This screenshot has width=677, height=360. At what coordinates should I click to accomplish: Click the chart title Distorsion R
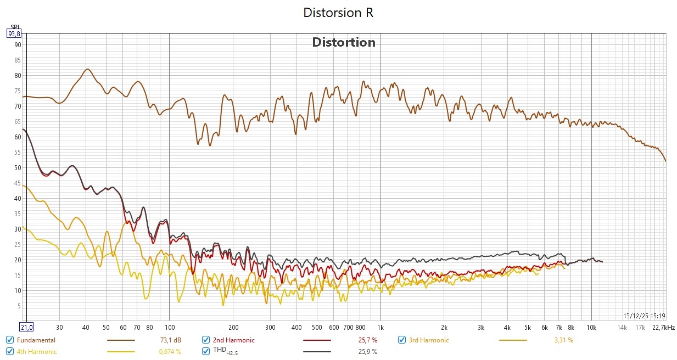pos(338,13)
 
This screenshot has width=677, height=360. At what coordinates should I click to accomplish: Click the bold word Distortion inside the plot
pos(344,42)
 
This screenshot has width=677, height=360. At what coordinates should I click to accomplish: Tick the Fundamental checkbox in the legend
pos(10,340)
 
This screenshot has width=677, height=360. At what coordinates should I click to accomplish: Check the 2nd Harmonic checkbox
pos(206,340)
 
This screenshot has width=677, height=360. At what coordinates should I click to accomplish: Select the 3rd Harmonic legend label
pos(428,340)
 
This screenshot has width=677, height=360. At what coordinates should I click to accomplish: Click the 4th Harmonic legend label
pos(37,351)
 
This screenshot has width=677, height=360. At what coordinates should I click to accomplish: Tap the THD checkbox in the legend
pos(206,351)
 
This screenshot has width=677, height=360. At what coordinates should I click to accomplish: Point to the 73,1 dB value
pos(170,340)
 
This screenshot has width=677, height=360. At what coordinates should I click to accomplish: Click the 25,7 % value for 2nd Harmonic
pos(367,340)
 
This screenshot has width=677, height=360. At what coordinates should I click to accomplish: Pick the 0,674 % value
pos(170,351)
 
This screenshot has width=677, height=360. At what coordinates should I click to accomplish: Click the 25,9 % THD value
pos(367,351)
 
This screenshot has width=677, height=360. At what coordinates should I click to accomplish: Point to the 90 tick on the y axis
pos(17,45)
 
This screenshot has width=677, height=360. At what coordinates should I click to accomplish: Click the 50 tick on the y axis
pos(17,168)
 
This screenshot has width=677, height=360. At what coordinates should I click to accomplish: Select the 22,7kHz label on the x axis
pos(663,328)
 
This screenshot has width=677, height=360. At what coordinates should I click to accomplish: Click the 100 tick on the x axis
pos(169,328)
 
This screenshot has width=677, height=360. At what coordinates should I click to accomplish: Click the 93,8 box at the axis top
pos(14,33)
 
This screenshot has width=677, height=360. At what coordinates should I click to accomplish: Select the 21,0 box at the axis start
pos(26,328)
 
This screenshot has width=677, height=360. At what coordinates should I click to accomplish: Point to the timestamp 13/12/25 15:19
pos(645,316)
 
